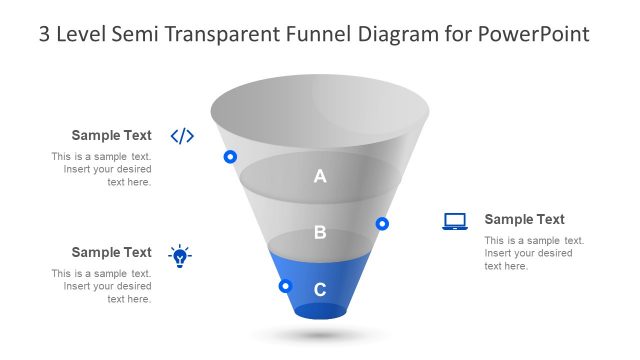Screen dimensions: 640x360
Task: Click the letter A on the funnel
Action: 320,177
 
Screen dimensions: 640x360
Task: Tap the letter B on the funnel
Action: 320,233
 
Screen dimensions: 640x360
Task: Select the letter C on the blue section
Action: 320,290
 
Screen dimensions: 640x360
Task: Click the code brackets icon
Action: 182,136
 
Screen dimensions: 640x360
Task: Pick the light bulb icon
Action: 180,256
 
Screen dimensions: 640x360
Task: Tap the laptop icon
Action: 455,221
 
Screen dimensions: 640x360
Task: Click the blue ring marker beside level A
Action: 230,157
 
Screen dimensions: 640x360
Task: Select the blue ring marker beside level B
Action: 382,224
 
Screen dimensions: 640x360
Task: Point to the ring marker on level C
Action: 285,286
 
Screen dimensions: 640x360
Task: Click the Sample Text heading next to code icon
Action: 111,136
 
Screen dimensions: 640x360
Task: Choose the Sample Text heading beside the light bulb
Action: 111,253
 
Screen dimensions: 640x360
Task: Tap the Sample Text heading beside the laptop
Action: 524,220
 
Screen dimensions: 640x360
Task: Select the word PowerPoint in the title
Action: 533,34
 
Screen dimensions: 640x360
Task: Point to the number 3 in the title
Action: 44,34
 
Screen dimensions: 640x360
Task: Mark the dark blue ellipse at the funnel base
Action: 320,311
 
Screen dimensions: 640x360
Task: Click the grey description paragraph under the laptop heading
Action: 534,253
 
